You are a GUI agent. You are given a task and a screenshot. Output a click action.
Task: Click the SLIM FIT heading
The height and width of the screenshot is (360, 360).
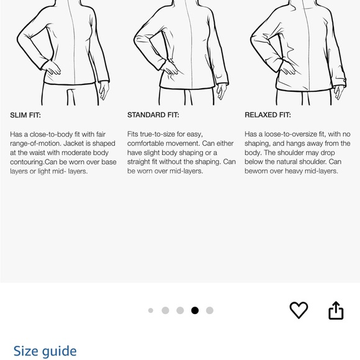pos(25,115)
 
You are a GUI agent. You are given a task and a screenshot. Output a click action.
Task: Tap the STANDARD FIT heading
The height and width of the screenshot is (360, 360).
pos(153,115)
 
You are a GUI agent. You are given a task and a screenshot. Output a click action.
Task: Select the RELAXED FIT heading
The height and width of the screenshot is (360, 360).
pos(268,115)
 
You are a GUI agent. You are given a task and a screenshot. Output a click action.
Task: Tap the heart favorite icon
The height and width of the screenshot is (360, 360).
pos(299,310)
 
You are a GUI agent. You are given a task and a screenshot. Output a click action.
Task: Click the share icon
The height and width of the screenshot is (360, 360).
pos(336,310)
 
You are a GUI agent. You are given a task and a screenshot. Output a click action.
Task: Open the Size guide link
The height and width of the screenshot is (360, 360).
pos(45,351)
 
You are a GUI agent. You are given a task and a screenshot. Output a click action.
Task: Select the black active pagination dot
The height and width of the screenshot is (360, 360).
pos(195,310)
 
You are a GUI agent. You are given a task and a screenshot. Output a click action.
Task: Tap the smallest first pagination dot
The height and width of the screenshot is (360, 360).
pos(151,310)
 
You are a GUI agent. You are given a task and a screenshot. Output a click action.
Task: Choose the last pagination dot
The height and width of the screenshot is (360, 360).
pos(210,310)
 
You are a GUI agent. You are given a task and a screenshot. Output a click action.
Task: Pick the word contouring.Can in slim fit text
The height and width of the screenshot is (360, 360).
pos(34,162)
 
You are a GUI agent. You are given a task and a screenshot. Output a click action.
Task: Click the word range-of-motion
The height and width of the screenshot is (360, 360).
pos(35,144)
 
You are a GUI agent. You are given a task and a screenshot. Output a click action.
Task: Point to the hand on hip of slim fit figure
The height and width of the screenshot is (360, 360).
pos(52,68)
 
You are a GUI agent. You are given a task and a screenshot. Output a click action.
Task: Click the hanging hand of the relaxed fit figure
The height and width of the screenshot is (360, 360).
pos(339,92)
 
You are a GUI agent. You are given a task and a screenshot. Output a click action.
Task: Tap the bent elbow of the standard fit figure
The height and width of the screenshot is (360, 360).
pos(136,40)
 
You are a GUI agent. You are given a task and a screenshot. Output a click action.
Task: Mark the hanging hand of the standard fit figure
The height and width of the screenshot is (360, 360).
pos(222,91)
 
